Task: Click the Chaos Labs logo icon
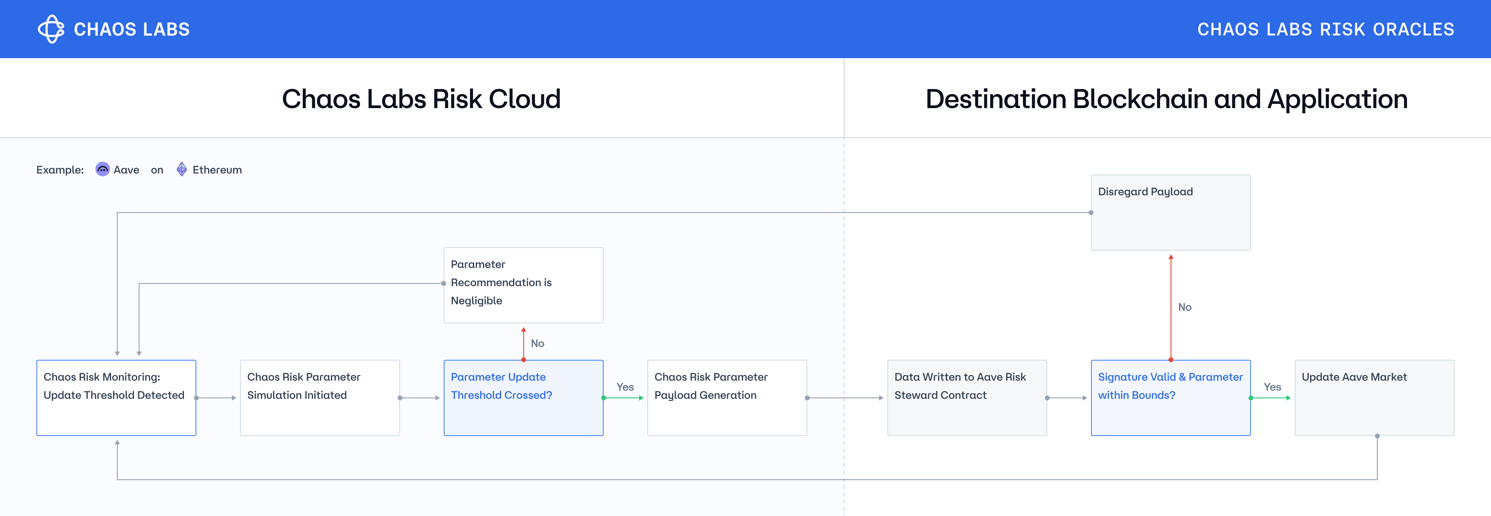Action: pyautogui.click(x=51, y=29)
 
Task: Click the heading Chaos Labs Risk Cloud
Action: pyautogui.click(x=421, y=99)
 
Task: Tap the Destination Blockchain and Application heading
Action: pyautogui.click(x=1166, y=99)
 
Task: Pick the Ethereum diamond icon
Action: pyautogui.click(x=182, y=169)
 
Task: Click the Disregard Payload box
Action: pyautogui.click(x=1170, y=212)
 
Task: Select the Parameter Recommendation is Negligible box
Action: pyautogui.click(x=523, y=285)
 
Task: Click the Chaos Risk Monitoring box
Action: pyautogui.click(x=116, y=398)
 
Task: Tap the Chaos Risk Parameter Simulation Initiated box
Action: pyautogui.click(x=319, y=398)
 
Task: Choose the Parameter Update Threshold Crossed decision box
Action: pyautogui.click(x=523, y=398)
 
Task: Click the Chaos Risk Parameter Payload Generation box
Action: pyautogui.click(x=727, y=398)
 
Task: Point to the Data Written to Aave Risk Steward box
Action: pyautogui.click(x=967, y=398)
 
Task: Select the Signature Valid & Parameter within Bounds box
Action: pyautogui.click(x=1170, y=398)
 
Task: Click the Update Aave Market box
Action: pyautogui.click(x=1374, y=398)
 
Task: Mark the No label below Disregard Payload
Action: pyautogui.click(x=1185, y=307)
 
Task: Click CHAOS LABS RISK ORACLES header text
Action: pyautogui.click(x=1326, y=29)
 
